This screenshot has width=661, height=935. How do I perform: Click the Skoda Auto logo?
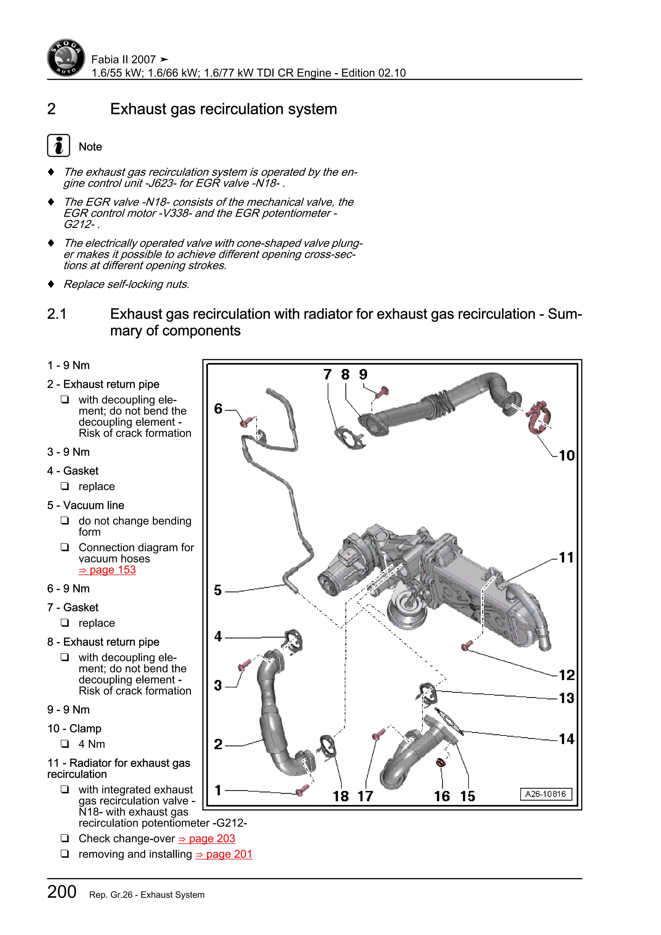66,58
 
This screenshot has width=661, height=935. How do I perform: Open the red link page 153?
107,570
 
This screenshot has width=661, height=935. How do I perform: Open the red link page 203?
207,838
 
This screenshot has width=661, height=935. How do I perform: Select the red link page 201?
224,854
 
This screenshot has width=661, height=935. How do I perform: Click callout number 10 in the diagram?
566,455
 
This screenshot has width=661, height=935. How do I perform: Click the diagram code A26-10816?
545,794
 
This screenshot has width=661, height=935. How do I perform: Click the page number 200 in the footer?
62,892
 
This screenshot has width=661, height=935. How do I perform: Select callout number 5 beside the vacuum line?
218,590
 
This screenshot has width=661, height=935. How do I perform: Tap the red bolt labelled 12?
466,645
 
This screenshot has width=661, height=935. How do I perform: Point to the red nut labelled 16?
440,762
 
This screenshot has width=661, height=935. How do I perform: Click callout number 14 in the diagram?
566,739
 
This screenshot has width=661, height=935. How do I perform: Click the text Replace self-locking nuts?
126,284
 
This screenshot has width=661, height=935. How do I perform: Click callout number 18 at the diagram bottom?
341,796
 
